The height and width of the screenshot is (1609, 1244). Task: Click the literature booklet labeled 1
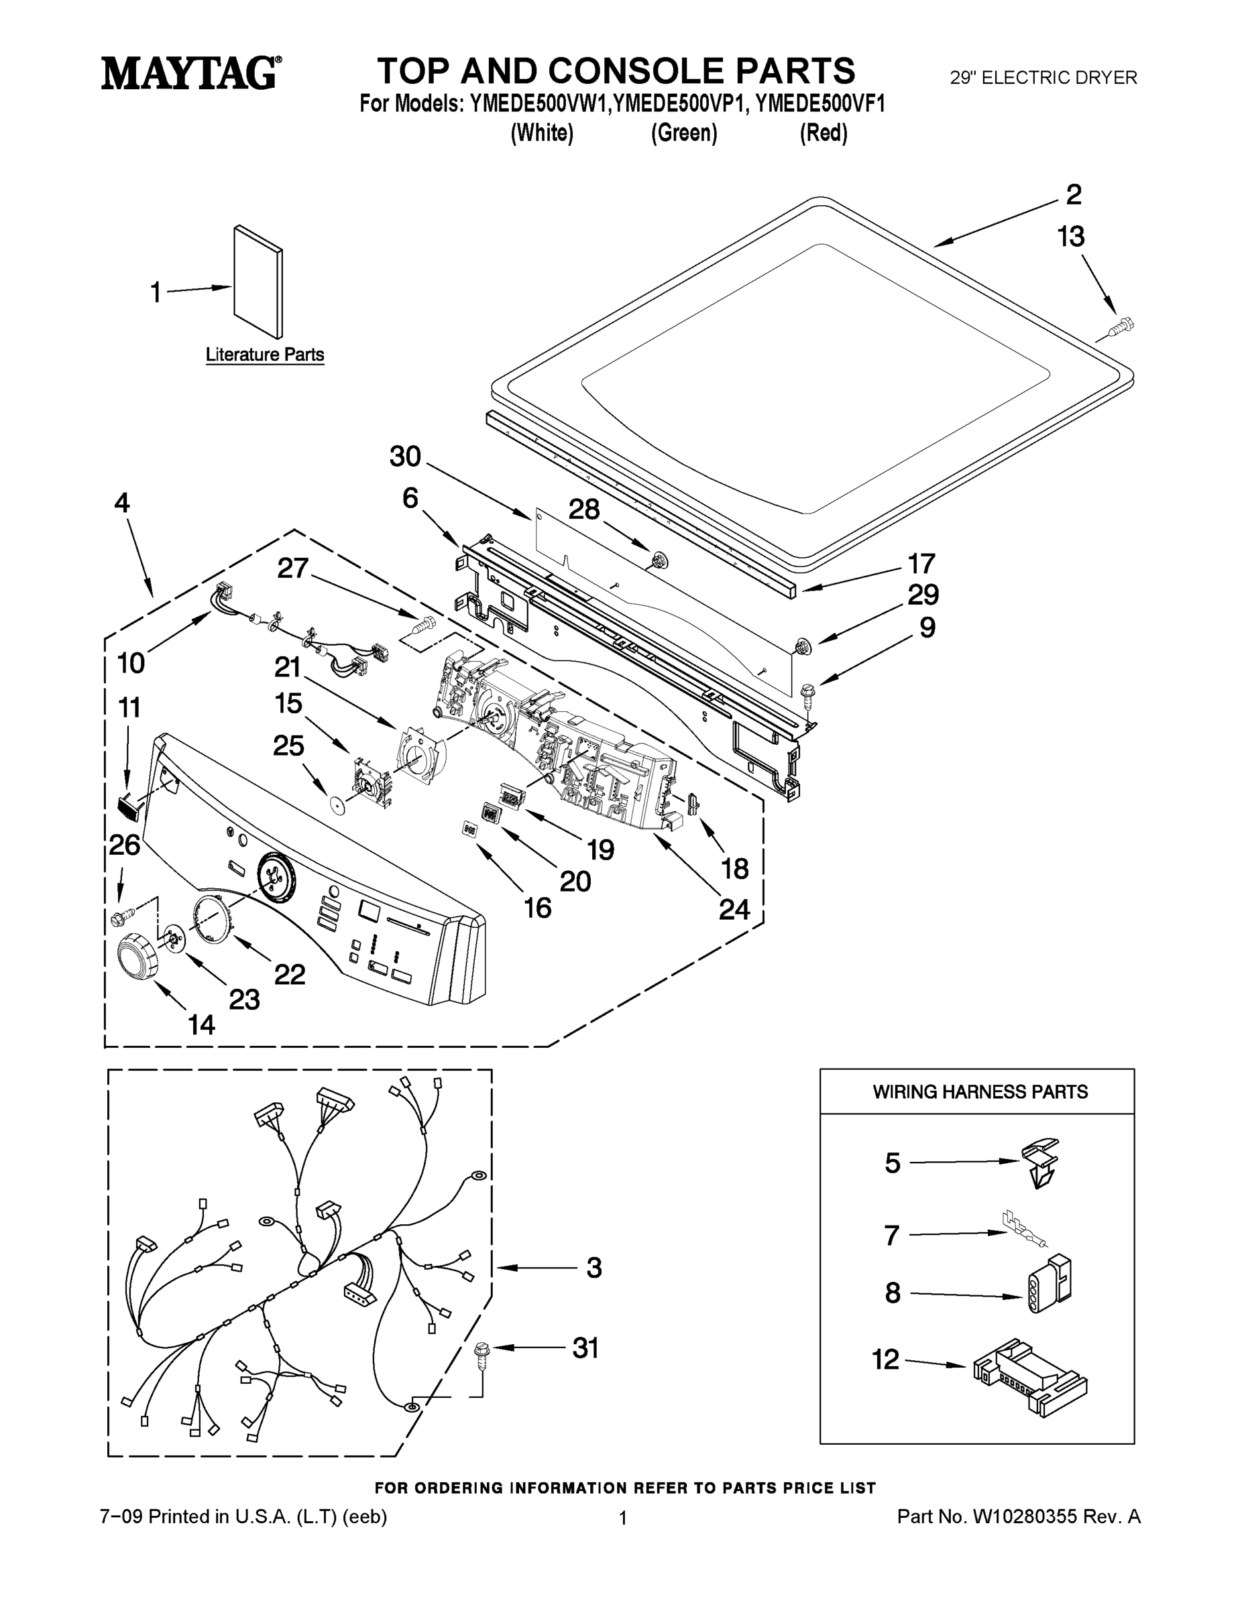click(258, 281)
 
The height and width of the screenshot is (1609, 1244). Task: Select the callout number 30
click(404, 457)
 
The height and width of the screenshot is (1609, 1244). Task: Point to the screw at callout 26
click(121, 917)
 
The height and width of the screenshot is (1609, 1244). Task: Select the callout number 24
click(734, 910)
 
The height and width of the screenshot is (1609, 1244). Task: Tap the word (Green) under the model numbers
click(683, 133)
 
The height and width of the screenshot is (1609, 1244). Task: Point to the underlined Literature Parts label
click(265, 355)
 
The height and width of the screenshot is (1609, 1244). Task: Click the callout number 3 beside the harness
click(594, 1268)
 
